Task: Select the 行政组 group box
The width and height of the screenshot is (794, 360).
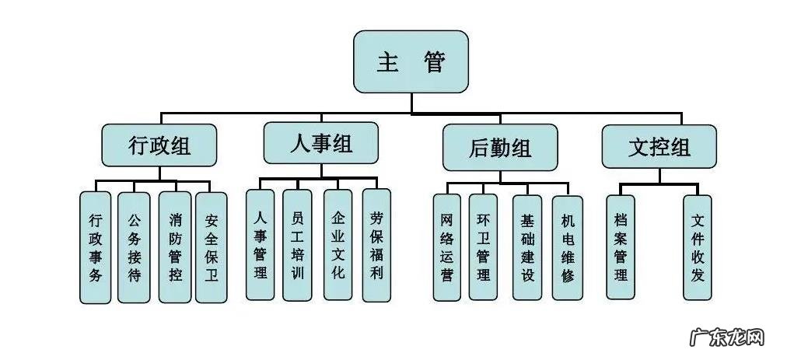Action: point(159,145)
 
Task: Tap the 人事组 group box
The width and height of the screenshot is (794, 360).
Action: point(320,143)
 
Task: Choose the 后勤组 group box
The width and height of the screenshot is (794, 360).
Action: point(500,148)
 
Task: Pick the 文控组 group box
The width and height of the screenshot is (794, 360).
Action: point(659,146)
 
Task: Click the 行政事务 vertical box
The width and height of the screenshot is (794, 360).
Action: point(95,247)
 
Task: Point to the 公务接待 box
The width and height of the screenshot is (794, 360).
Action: point(134,247)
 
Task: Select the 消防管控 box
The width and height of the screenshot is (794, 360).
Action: point(175,247)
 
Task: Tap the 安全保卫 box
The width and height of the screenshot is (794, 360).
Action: point(212,247)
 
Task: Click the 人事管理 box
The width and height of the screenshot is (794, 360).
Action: point(260,244)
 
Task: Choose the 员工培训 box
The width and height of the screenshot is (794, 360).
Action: point(297,244)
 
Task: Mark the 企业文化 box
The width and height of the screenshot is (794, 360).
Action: point(338,244)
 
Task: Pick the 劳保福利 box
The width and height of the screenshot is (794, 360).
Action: point(376,244)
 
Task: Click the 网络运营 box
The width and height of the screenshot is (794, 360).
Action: point(446,247)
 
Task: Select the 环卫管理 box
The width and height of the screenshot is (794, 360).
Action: point(483,247)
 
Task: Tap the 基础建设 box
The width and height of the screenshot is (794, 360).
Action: point(527,247)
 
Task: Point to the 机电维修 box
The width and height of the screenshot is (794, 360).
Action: point(567,247)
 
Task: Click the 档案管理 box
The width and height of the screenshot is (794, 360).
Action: point(620,246)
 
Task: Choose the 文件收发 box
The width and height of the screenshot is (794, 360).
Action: point(697,246)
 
